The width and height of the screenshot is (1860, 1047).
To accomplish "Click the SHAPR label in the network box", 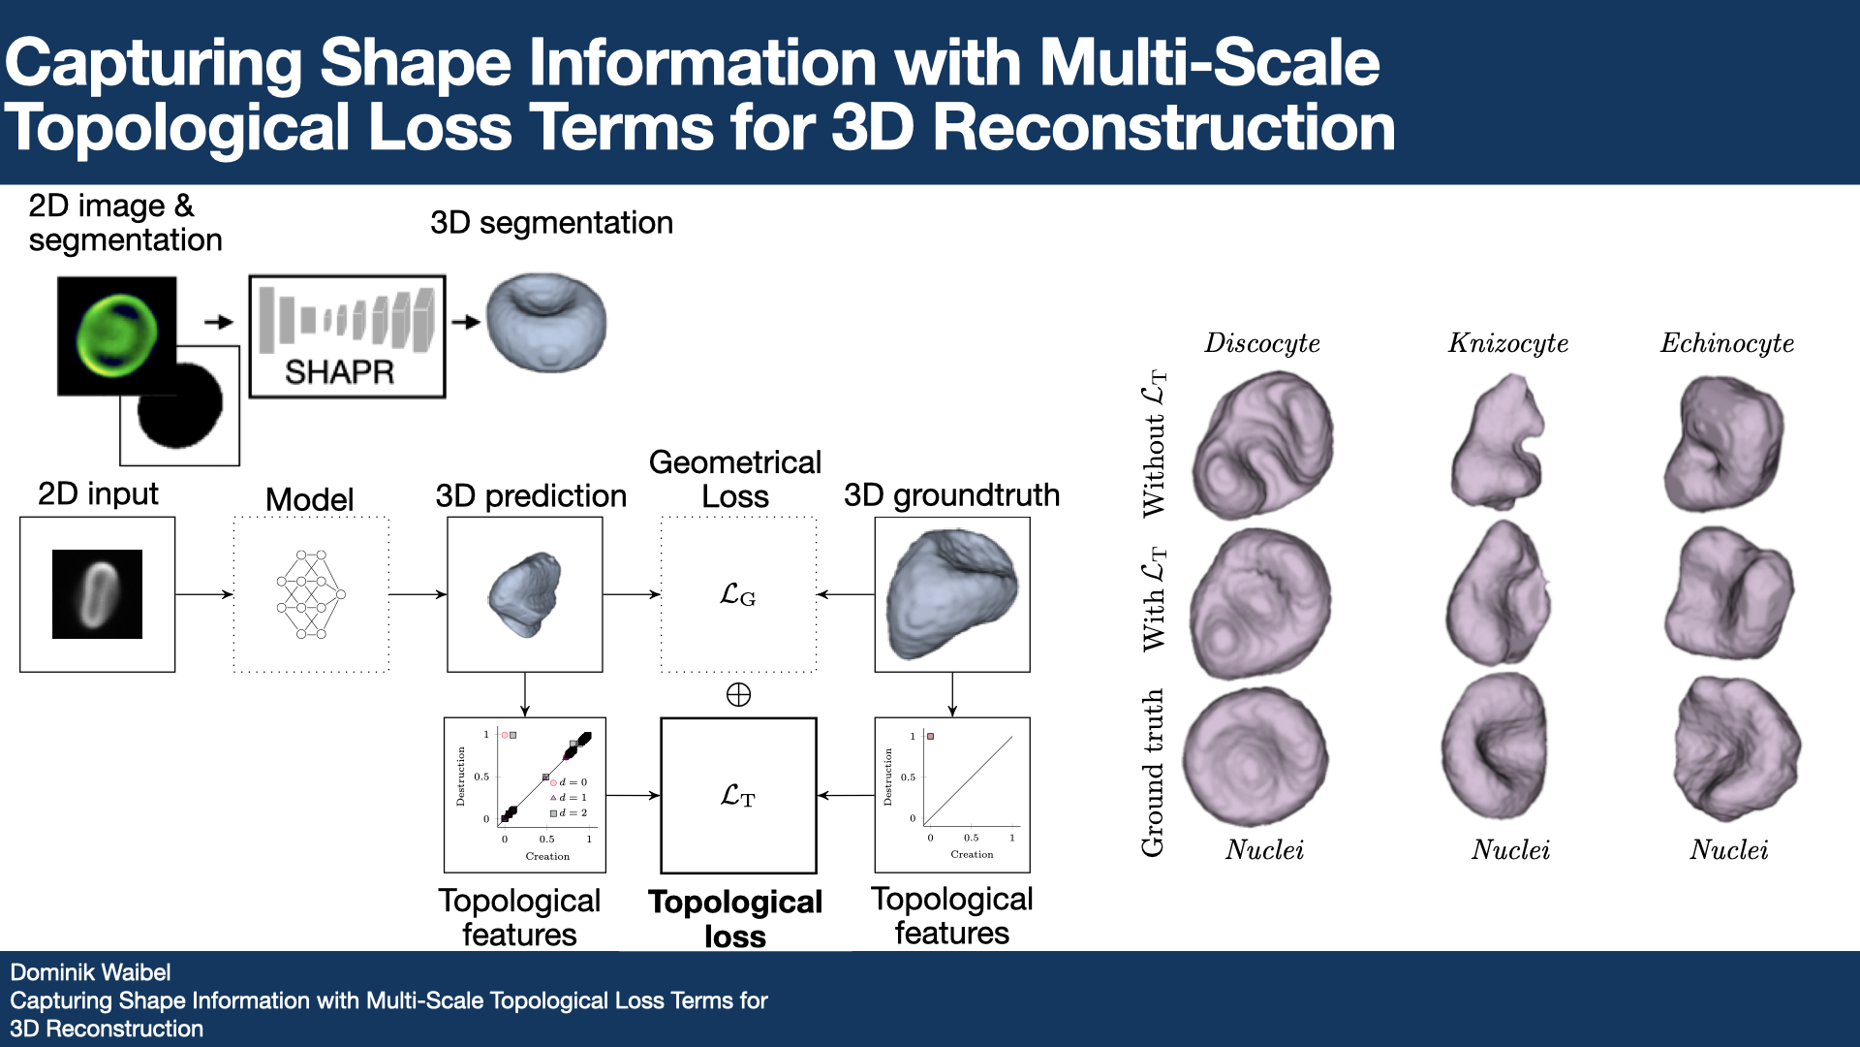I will pyautogui.click(x=339, y=371).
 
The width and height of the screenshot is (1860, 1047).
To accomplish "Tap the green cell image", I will pyautogui.click(x=117, y=335).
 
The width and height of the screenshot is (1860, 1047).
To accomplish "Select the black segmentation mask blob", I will pyautogui.click(x=180, y=405).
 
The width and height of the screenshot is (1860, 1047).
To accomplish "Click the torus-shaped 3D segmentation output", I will pyautogui.click(x=545, y=322).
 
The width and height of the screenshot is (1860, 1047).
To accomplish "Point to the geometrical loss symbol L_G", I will pyautogui.click(x=737, y=595).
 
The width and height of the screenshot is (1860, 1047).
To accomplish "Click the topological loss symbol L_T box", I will pyautogui.click(x=738, y=796).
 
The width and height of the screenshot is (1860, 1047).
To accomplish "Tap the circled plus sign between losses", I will pyautogui.click(x=738, y=695).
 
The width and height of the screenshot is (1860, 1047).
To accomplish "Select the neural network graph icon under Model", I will pyautogui.click(x=310, y=594).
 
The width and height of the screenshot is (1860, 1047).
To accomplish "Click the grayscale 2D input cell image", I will pyautogui.click(x=97, y=594).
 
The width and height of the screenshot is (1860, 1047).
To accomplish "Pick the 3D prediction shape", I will pyautogui.click(x=525, y=593).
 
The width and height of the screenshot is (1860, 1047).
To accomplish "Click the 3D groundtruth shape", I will pyautogui.click(x=951, y=593).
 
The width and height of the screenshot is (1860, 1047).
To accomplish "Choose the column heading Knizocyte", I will pyautogui.click(x=1507, y=343).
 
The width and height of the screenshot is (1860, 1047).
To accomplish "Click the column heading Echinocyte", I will pyautogui.click(x=1726, y=343).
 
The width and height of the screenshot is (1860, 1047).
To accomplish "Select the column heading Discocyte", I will pyautogui.click(x=1261, y=343).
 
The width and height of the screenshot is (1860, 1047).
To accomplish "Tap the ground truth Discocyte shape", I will pyautogui.click(x=1255, y=757).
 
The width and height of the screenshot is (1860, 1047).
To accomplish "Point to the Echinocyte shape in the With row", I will pyautogui.click(x=1729, y=593).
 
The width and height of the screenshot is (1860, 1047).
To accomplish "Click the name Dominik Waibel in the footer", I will pyautogui.click(x=90, y=972).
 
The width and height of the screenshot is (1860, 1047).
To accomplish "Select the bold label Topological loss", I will pyautogui.click(x=735, y=919).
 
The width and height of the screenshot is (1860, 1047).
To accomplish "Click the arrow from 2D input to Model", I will pyautogui.click(x=203, y=594).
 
